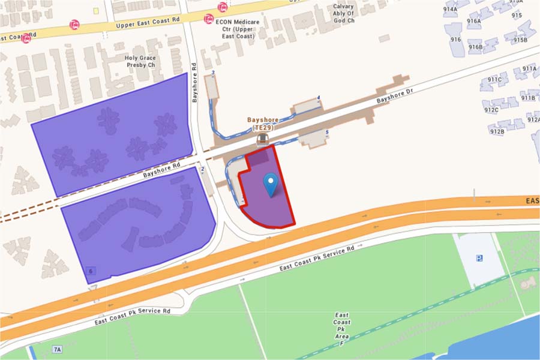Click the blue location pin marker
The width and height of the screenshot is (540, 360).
271,183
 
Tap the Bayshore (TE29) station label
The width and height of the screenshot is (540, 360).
263,124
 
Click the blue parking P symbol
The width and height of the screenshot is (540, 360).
479,258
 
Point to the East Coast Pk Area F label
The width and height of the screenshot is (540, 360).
342,327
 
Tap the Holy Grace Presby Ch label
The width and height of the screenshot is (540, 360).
140,61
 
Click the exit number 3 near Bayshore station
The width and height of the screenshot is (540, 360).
214,73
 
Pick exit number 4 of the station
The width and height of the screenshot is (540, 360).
319,97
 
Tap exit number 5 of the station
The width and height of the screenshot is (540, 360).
326,132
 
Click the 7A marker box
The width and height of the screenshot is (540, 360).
57,349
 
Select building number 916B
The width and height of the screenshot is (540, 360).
475,47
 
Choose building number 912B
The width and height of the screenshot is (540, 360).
497,131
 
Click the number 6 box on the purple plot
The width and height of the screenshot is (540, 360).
91,272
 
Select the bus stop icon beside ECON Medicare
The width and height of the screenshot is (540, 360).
209,20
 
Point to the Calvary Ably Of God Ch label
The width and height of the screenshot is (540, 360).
344,14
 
